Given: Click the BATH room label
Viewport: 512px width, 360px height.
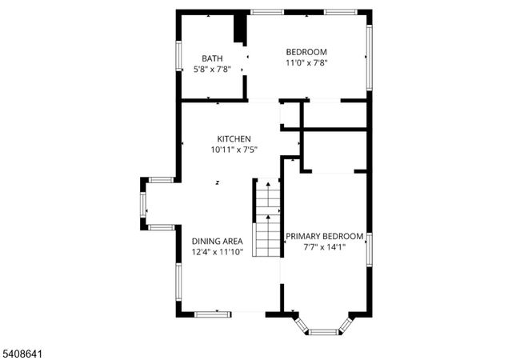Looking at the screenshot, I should pos(212,58).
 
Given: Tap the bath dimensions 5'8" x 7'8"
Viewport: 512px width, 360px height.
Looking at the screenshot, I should pos(212,70).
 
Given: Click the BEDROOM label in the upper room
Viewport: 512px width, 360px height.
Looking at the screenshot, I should pos(307,52).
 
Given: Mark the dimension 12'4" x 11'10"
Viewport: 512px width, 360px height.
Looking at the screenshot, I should pos(217,252).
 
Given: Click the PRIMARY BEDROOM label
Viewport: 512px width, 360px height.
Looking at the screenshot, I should pos(325,236).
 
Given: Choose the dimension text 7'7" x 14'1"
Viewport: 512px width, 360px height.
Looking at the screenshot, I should pos(325,247).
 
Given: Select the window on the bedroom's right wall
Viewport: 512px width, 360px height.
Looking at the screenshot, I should pos(369,56).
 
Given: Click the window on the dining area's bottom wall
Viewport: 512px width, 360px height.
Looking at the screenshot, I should pos(215,312).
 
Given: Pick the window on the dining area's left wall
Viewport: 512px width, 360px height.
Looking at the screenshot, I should pos(178,279).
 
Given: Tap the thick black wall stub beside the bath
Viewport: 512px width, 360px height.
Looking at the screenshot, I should pos(238,28).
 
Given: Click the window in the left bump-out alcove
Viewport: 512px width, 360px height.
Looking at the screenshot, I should pos(144,203).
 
